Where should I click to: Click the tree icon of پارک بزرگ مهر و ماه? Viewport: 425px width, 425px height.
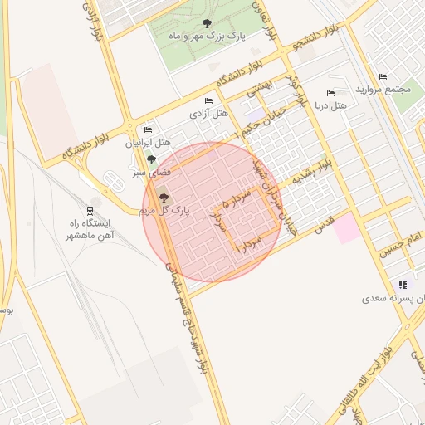coord(207,23)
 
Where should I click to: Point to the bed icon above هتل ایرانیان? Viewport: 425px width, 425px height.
coord(149,129)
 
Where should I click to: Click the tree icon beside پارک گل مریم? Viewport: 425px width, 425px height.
coord(163,198)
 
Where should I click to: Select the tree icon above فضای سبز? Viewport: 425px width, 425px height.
coord(151,159)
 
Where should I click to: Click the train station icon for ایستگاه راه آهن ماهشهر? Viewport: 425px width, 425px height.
coord(90,211)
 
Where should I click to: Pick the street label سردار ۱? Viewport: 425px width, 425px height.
coord(249,243)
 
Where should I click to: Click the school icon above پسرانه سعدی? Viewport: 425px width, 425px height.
coord(402,284)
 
